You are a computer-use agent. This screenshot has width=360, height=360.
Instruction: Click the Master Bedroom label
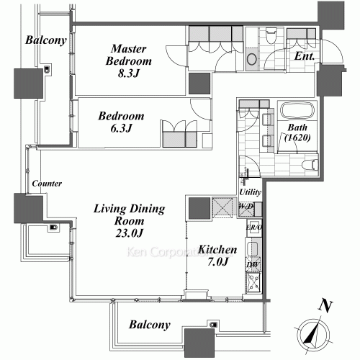(x=127, y=60)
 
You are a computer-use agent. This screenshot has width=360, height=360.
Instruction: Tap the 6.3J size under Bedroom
(x=121, y=128)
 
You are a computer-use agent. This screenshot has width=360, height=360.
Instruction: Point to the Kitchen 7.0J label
(x=217, y=256)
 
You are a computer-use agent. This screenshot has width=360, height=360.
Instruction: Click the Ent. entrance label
(x=303, y=55)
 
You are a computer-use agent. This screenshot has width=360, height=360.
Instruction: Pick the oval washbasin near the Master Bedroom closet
(x=252, y=59)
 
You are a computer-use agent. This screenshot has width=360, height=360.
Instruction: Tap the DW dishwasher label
(x=252, y=265)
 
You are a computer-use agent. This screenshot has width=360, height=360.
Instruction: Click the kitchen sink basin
(x=252, y=249)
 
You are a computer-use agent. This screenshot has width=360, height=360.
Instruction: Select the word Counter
(x=46, y=184)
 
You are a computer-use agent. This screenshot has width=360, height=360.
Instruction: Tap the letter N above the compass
(x=326, y=305)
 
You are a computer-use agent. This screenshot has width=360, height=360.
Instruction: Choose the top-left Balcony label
(x=45, y=40)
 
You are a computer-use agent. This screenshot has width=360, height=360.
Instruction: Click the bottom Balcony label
(x=150, y=325)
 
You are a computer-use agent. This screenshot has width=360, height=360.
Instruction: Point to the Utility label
(x=250, y=193)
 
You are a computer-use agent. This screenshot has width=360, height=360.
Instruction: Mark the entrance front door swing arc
(x=333, y=52)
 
